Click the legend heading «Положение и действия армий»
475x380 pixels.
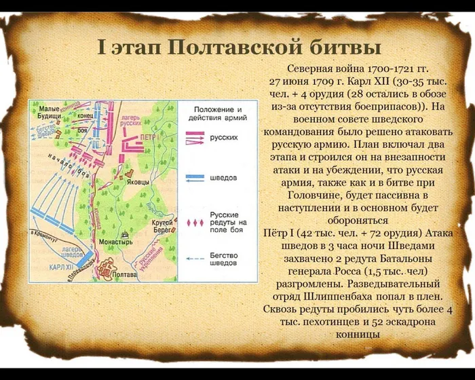coord(218,113)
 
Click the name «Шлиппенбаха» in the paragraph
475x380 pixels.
coord(333,297)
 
